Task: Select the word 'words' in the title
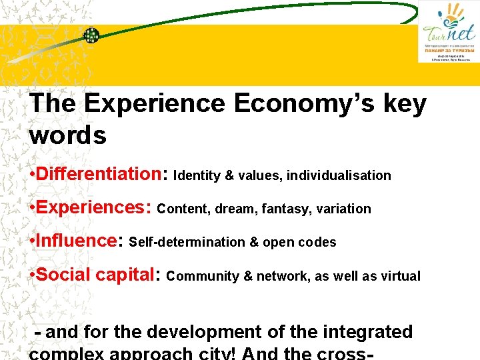[x=68, y=135]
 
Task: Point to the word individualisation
[x=338, y=176]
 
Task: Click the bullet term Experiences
[x=93, y=207]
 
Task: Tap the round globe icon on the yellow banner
[x=91, y=35]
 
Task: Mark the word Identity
[x=197, y=176]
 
